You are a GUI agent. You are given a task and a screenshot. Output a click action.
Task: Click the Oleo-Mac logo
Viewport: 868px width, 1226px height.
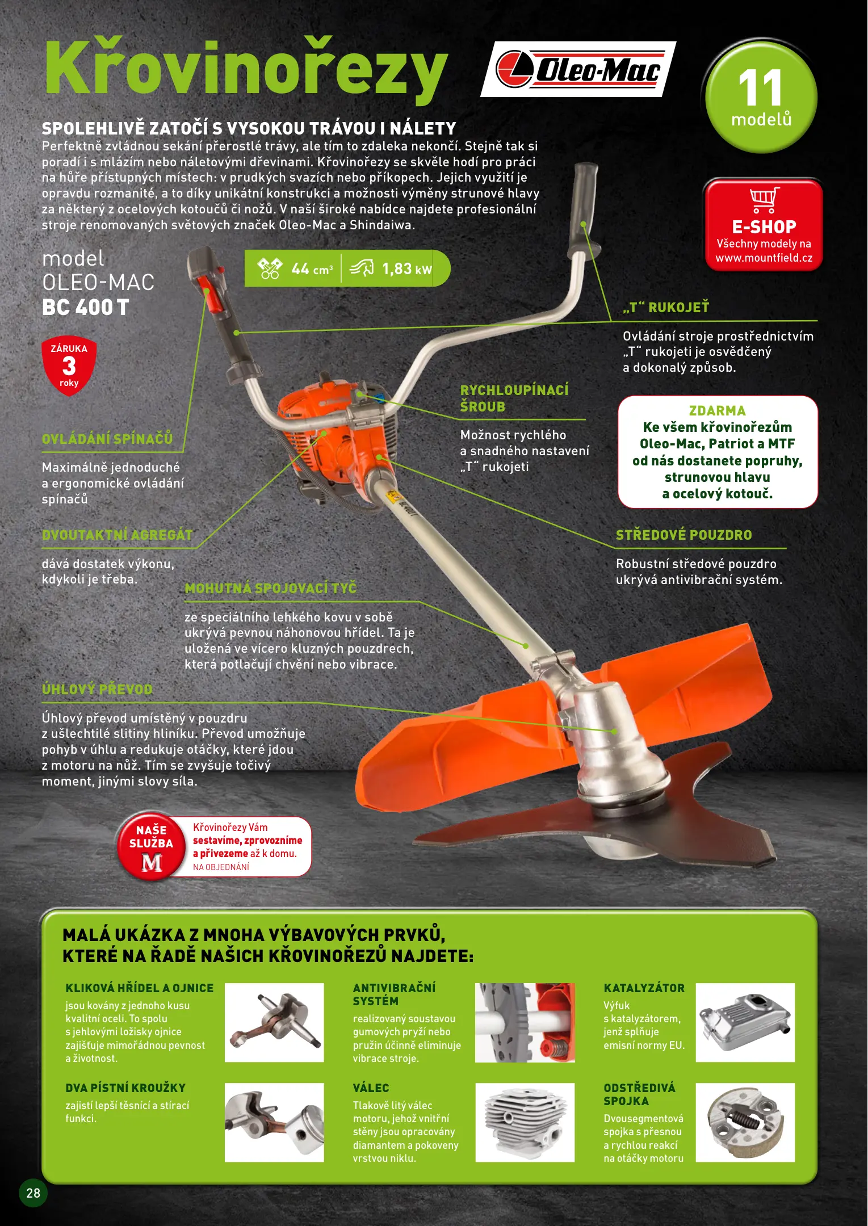coord(578,69)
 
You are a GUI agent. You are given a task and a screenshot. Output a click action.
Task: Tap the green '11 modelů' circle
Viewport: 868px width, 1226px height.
coord(761,97)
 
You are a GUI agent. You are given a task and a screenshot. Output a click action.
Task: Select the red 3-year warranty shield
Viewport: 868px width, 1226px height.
coord(69,366)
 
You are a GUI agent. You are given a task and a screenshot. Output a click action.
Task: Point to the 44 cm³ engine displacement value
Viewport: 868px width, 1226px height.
coord(312,268)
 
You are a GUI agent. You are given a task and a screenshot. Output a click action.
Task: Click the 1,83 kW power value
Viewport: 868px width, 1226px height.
coord(407,268)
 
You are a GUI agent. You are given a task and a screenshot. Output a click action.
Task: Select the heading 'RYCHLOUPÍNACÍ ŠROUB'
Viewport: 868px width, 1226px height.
coord(514,398)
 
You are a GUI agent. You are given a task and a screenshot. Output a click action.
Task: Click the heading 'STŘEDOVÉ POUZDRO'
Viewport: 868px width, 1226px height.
coord(684,535)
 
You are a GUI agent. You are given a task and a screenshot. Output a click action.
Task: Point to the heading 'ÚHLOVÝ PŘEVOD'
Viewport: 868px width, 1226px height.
coord(97,689)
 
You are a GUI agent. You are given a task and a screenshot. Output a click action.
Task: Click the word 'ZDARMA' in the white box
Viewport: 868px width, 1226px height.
coord(717,410)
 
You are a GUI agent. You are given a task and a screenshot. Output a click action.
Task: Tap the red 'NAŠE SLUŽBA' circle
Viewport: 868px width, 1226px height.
coord(152,845)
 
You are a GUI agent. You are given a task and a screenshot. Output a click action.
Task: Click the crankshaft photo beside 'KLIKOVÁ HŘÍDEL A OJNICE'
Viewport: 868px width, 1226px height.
coord(274,1022)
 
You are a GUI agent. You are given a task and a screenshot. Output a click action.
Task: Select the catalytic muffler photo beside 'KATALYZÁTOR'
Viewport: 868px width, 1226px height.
coord(745,1022)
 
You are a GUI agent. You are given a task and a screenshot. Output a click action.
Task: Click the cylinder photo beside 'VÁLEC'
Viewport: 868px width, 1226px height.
coord(525,1122)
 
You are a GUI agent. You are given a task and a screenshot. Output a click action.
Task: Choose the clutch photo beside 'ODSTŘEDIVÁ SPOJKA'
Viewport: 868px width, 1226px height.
coord(745,1122)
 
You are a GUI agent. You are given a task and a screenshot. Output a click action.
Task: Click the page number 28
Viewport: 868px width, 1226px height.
coord(33,1193)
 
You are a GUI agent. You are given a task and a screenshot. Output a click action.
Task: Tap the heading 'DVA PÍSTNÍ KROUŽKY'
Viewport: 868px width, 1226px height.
coord(125,1088)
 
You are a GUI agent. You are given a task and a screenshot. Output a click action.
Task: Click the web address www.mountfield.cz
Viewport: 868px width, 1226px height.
coord(764,258)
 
